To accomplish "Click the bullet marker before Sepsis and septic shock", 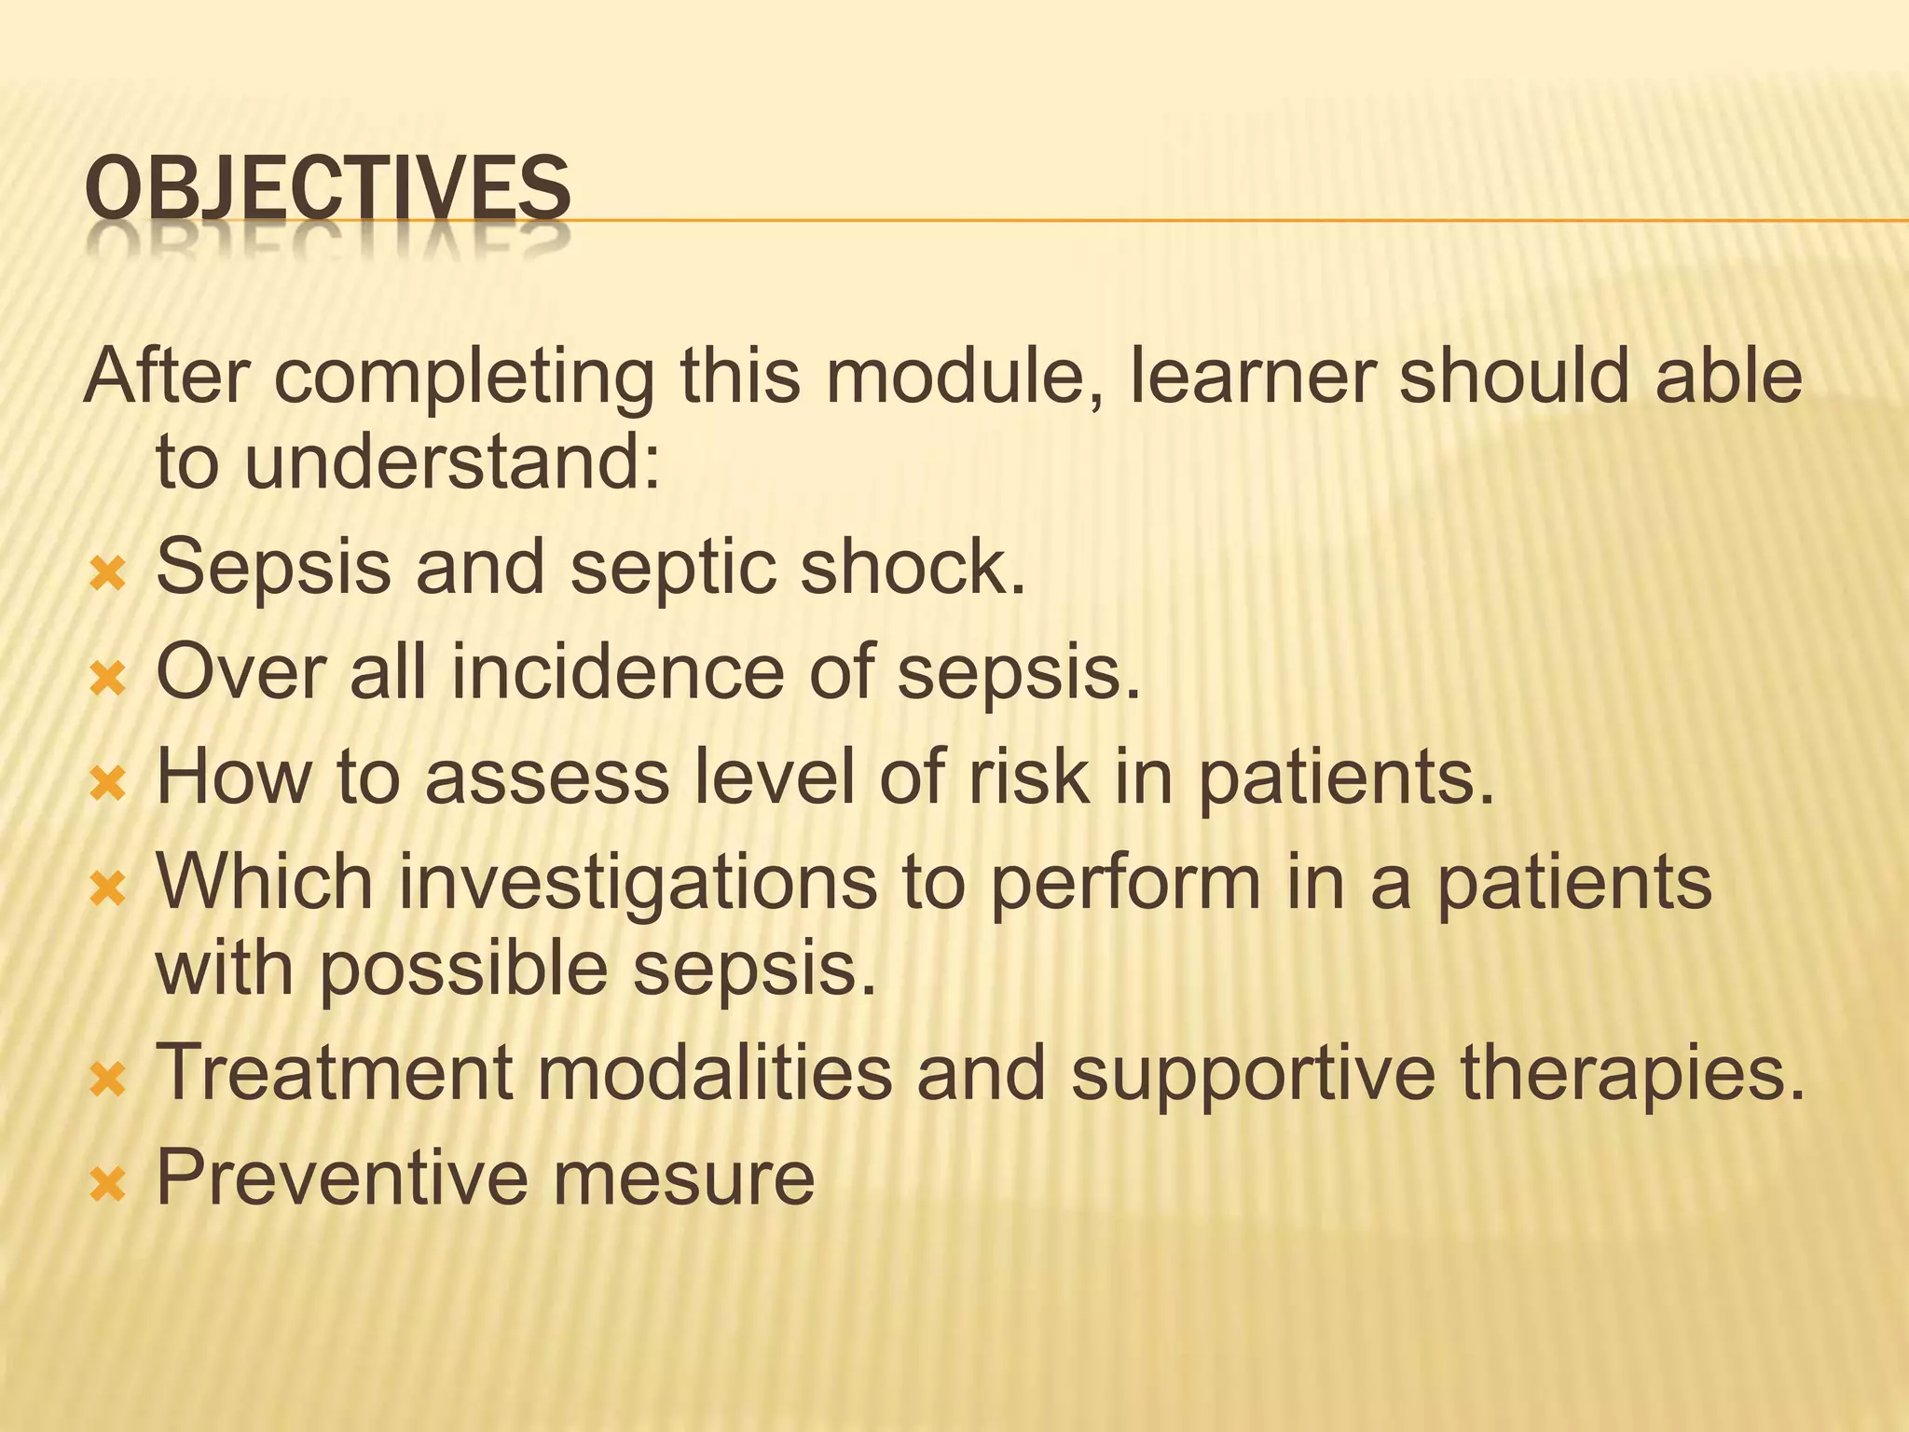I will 107,575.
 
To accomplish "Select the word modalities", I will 714,1073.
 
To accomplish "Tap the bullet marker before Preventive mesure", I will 107,1186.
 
